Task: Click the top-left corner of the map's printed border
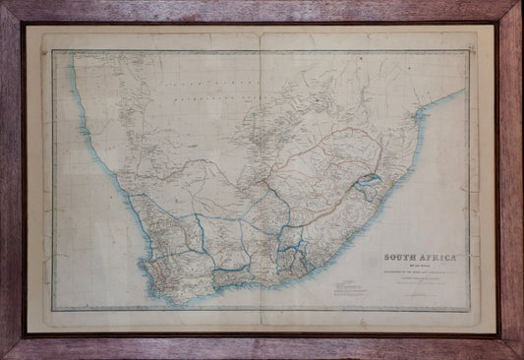[x=52, y=49]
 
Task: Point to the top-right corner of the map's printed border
[x=469, y=49]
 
